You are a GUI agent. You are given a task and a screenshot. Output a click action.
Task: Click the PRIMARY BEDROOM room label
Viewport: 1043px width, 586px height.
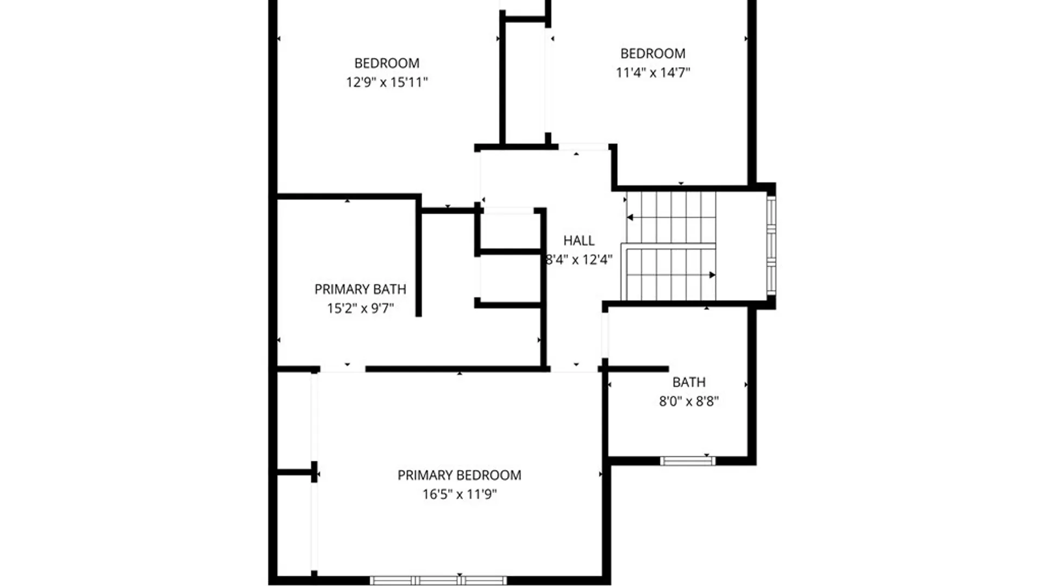coord(459,475)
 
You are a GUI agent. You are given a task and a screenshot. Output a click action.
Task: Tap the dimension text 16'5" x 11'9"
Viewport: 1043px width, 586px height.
coord(460,494)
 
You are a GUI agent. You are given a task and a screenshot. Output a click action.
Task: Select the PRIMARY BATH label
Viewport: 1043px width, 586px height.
coord(360,289)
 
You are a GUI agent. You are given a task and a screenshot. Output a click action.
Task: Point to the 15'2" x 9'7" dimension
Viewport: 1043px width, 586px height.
coord(360,308)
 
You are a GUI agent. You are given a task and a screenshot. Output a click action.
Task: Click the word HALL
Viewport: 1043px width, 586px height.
coord(579,240)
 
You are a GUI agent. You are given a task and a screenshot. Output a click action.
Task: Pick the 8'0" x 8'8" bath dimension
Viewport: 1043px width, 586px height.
coord(689,402)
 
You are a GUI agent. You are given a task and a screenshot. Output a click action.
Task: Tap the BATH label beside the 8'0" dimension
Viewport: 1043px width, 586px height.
coord(689,383)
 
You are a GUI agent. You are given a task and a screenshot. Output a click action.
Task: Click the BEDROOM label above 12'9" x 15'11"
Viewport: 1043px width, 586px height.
coord(387,63)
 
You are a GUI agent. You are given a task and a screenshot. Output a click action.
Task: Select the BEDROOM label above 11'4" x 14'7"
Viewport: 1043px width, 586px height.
coord(652,54)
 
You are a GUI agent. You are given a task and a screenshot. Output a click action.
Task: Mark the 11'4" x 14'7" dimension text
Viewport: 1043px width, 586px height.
coord(652,73)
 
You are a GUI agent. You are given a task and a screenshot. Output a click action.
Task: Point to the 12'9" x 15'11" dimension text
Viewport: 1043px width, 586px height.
coord(387,82)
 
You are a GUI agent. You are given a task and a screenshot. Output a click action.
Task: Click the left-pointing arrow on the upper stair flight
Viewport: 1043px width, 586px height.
coord(631,218)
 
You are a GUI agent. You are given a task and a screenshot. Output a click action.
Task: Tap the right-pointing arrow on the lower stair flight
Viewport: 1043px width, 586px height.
coord(712,275)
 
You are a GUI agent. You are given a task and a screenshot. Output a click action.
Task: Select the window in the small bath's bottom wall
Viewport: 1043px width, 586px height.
coord(687,461)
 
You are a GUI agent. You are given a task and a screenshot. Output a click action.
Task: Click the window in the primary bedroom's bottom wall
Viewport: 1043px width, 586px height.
coord(438,581)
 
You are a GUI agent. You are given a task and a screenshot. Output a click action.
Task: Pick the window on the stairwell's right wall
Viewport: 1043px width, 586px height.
coord(771,246)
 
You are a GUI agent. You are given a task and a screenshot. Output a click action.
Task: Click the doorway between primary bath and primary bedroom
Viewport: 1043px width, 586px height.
coord(342,369)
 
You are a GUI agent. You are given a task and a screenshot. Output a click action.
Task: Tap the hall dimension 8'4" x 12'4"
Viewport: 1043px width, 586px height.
coord(579,259)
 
